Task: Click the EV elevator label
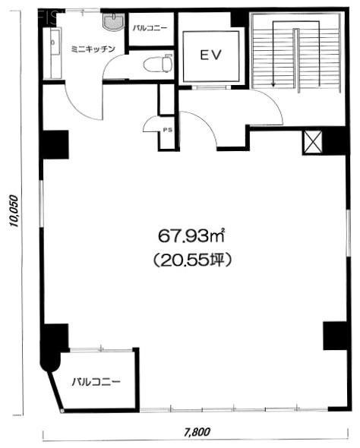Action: [x=210, y=55]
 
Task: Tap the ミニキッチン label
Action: [x=93, y=48]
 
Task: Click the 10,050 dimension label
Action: [x=14, y=205]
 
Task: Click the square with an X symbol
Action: [x=311, y=142]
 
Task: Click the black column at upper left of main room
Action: [x=55, y=144]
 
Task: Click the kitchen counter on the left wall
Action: [x=52, y=57]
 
